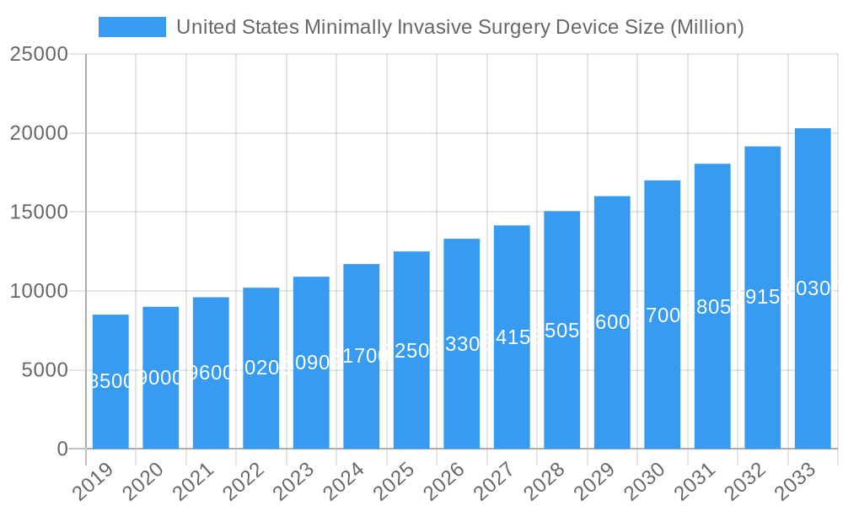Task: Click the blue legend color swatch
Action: click(132, 27)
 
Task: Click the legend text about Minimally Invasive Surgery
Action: click(459, 27)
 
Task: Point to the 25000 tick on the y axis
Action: click(38, 55)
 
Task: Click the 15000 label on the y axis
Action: click(38, 213)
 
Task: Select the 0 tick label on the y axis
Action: click(62, 449)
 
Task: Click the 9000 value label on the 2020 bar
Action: click(160, 378)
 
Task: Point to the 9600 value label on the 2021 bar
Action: click(211, 373)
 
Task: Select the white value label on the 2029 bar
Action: click(612, 322)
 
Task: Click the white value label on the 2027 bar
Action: click(512, 337)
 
